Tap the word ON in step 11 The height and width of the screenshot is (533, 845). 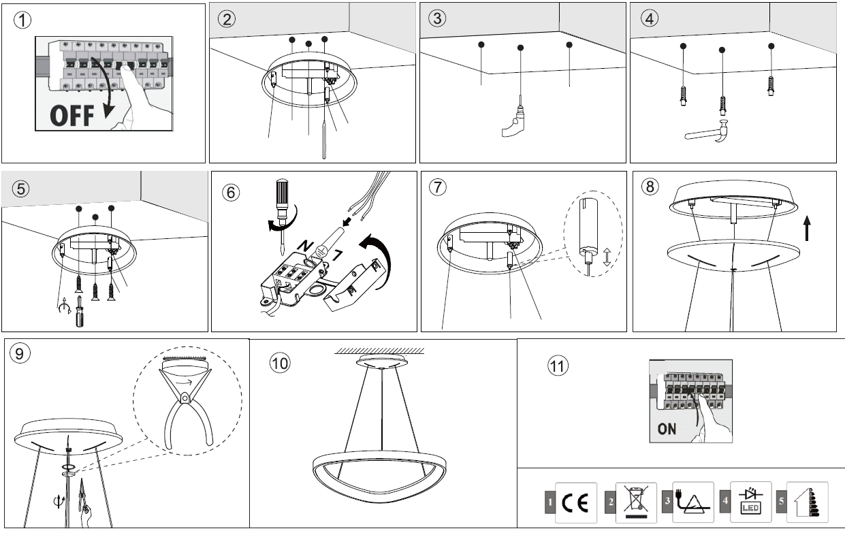click(x=667, y=430)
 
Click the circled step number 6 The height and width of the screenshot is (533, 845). click(x=232, y=192)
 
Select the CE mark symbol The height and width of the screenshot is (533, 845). click(x=576, y=502)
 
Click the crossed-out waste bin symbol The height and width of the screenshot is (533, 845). click(x=635, y=502)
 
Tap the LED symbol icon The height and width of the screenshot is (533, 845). click(x=750, y=502)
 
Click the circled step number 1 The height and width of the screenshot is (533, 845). click(x=25, y=20)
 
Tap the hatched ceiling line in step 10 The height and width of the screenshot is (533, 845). click(x=381, y=351)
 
